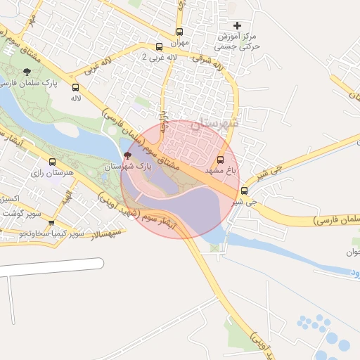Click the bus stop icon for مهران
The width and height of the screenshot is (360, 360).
click(179, 32)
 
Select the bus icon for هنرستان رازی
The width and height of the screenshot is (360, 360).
click(52, 162)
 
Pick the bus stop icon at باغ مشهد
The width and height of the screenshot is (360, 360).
click(221, 160)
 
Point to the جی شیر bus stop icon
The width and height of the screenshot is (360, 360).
click(245, 191)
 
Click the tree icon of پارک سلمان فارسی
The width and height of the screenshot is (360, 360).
click(27, 72)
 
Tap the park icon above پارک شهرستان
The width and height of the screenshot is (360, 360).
click(127, 155)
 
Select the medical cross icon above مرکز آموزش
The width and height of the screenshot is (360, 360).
click(237, 25)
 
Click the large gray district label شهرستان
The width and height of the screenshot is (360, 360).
click(215, 122)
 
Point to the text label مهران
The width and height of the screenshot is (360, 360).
click(179, 43)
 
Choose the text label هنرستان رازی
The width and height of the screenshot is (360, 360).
click(46, 173)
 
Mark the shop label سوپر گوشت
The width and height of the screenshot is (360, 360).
click(20, 212)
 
